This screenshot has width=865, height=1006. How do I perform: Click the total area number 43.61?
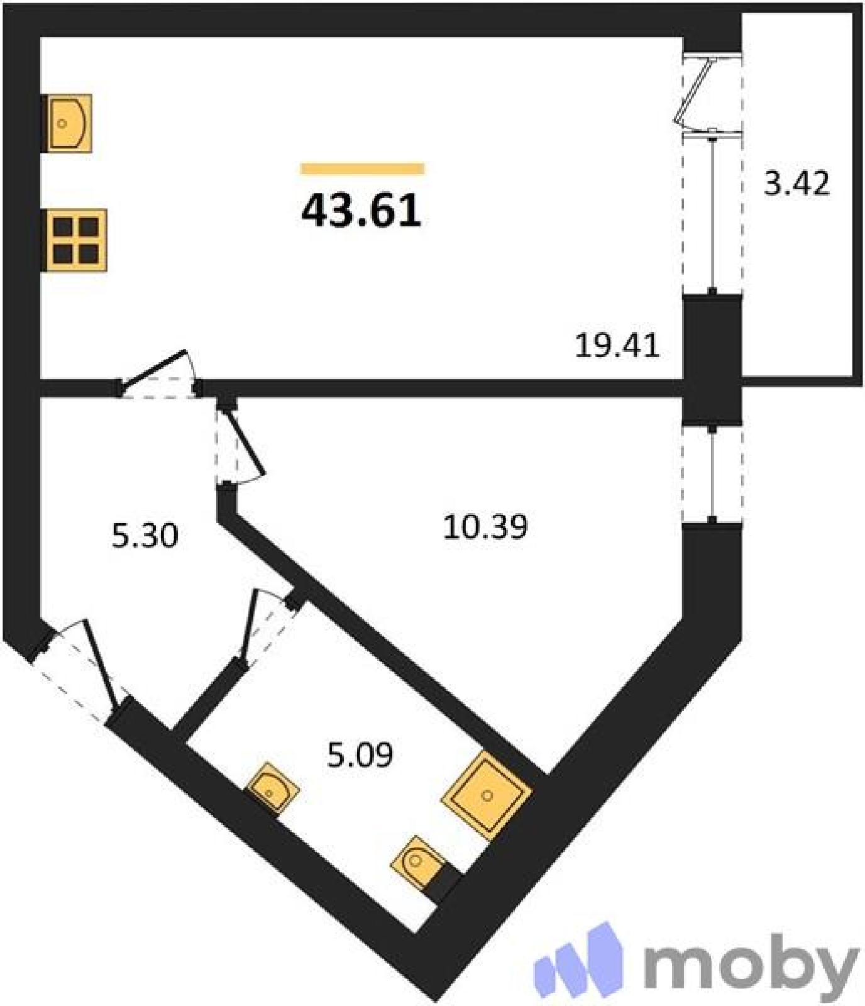point(361,211)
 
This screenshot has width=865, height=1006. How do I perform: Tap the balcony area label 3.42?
point(796,184)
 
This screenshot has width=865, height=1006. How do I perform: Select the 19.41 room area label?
point(617,346)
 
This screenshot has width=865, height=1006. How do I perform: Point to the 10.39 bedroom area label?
point(485,527)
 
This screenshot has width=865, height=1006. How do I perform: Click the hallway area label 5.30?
point(145,536)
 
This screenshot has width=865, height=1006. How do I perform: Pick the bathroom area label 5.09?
point(360,754)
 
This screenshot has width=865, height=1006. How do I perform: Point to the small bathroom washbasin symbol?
point(272,788)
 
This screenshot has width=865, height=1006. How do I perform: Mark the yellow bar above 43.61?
point(363,168)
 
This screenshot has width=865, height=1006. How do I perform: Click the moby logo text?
point(751,963)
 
